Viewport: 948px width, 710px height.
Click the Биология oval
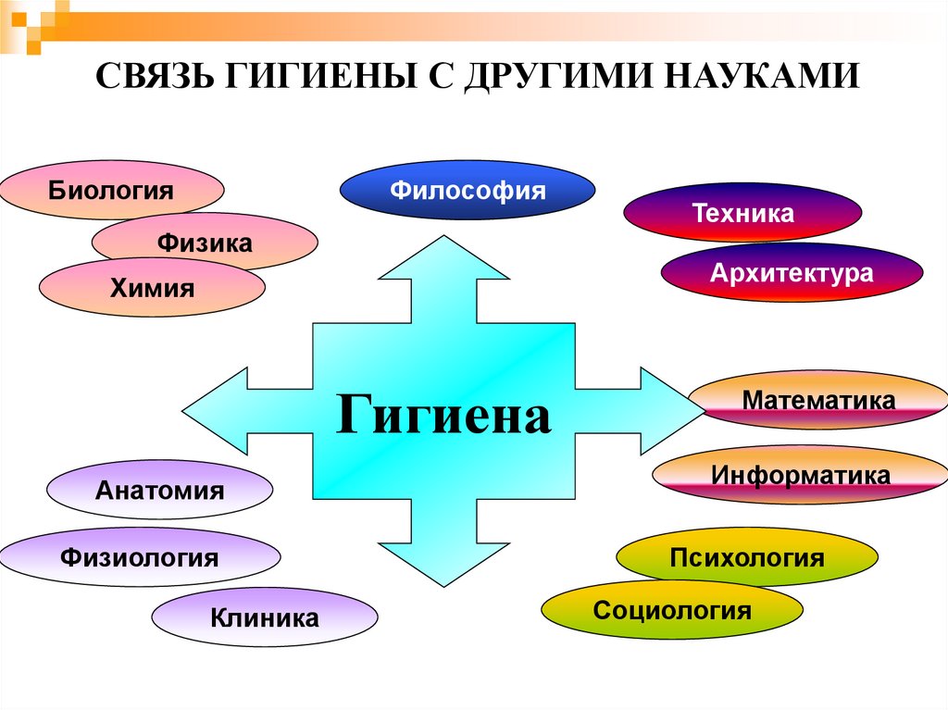(112, 192)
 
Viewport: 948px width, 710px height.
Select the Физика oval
(205, 243)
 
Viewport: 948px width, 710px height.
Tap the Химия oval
(153, 288)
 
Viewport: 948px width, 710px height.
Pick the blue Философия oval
(468, 192)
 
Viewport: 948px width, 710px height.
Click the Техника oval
(742, 214)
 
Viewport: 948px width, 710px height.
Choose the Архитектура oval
(792, 273)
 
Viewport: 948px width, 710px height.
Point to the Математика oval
(818, 401)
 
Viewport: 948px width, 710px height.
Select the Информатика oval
(801, 475)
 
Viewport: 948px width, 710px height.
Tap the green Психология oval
(746, 557)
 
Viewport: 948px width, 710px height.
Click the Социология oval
(672, 609)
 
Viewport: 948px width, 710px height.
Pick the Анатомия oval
(159, 491)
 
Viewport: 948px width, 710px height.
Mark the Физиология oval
(140, 557)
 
